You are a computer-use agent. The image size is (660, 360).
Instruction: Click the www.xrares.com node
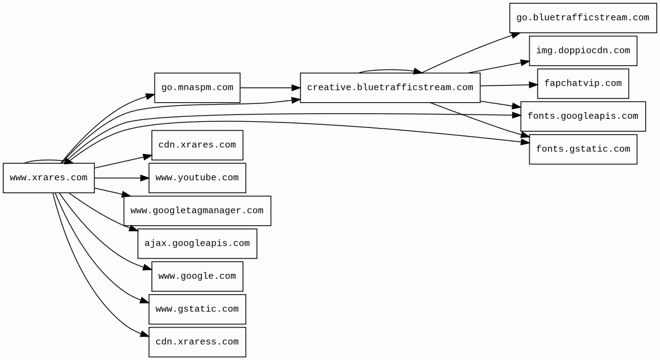coord(49,178)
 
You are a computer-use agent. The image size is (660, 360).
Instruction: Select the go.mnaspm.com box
coord(197,88)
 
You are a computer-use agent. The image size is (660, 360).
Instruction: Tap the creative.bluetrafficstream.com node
coord(390,88)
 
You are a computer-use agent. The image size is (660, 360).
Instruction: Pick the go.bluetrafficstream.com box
coord(582,18)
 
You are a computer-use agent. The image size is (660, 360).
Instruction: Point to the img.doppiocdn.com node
coord(582,51)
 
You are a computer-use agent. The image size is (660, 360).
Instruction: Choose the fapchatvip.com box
coord(582,84)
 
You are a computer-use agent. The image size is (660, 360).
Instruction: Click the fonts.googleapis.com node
coord(582,116)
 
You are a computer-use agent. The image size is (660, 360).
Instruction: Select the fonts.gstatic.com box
coord(582,150)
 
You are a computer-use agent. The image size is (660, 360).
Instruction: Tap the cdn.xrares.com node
coord(197,145)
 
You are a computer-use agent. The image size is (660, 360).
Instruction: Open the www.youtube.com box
coord(197,178)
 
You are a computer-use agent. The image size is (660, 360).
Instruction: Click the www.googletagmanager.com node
coord(197,211)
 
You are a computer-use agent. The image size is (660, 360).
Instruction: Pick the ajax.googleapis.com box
coord(197,244)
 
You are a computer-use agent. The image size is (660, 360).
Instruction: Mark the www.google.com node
coord(197,276)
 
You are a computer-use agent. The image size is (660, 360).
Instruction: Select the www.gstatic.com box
coord(197,310)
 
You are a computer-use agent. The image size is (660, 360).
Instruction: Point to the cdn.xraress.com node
coord(197,342)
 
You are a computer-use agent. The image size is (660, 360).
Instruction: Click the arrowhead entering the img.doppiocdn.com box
coord(525,62)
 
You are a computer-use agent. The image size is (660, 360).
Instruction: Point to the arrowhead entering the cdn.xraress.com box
coord(145,335)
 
